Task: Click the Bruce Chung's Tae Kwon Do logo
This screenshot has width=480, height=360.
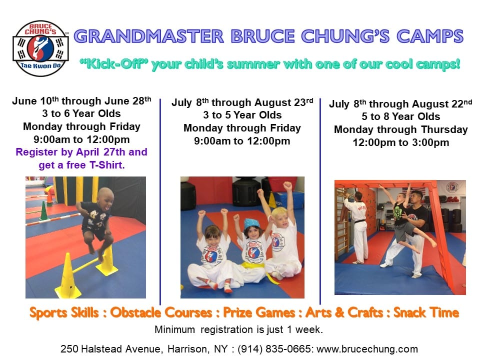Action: pos(40,48)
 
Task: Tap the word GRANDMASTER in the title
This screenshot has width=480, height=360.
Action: pos(149,36)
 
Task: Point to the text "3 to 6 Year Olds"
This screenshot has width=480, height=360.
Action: pos(81,113)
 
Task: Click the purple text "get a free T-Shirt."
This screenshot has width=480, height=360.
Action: pos(81,165)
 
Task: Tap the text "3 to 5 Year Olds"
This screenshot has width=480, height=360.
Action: pos(242,115)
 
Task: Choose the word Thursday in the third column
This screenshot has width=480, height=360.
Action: pos(444,129)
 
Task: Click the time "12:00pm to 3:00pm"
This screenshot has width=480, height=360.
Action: pos(401,142)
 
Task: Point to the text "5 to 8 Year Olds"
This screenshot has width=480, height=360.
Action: pos(401,116)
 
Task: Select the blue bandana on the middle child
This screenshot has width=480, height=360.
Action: pos(251,224)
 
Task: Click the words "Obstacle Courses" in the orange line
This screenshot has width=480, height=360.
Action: pos(161,312)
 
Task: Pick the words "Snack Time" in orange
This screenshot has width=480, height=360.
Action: pos(426,312)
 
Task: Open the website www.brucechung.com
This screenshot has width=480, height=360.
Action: pos(367,349)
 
